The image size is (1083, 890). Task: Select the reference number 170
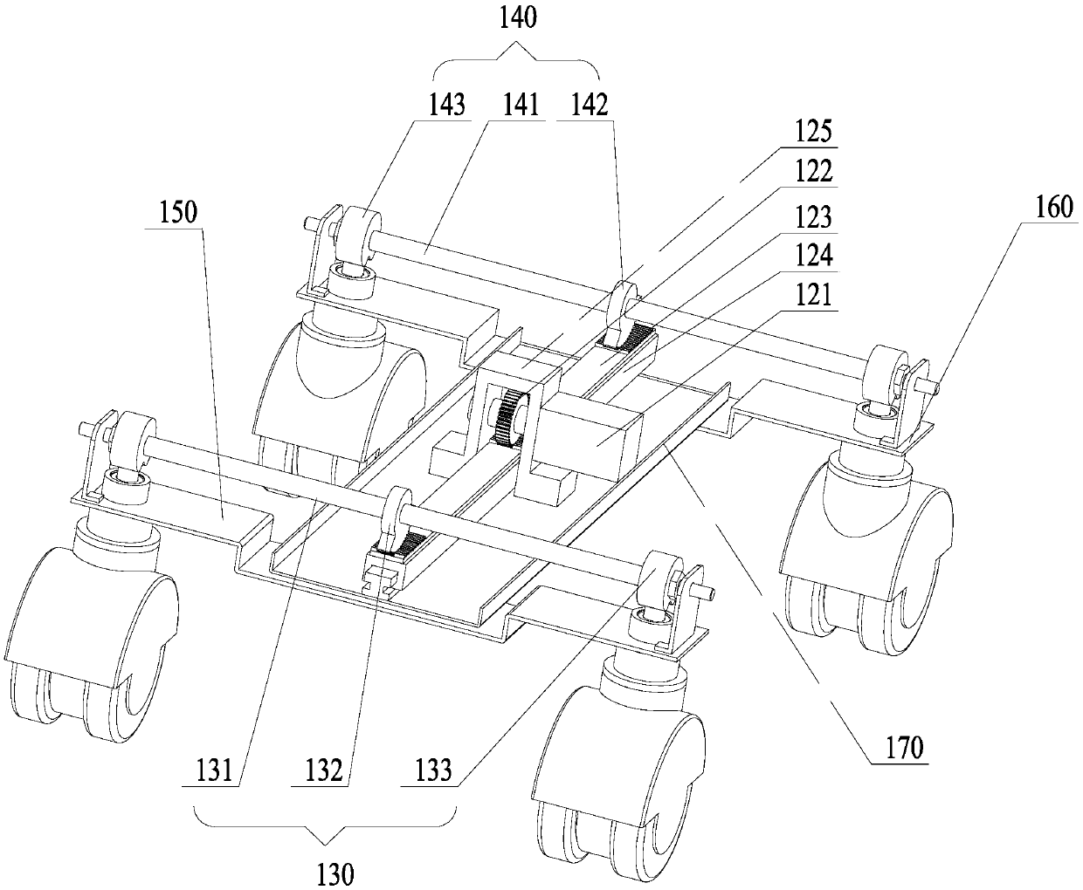point(900,748)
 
